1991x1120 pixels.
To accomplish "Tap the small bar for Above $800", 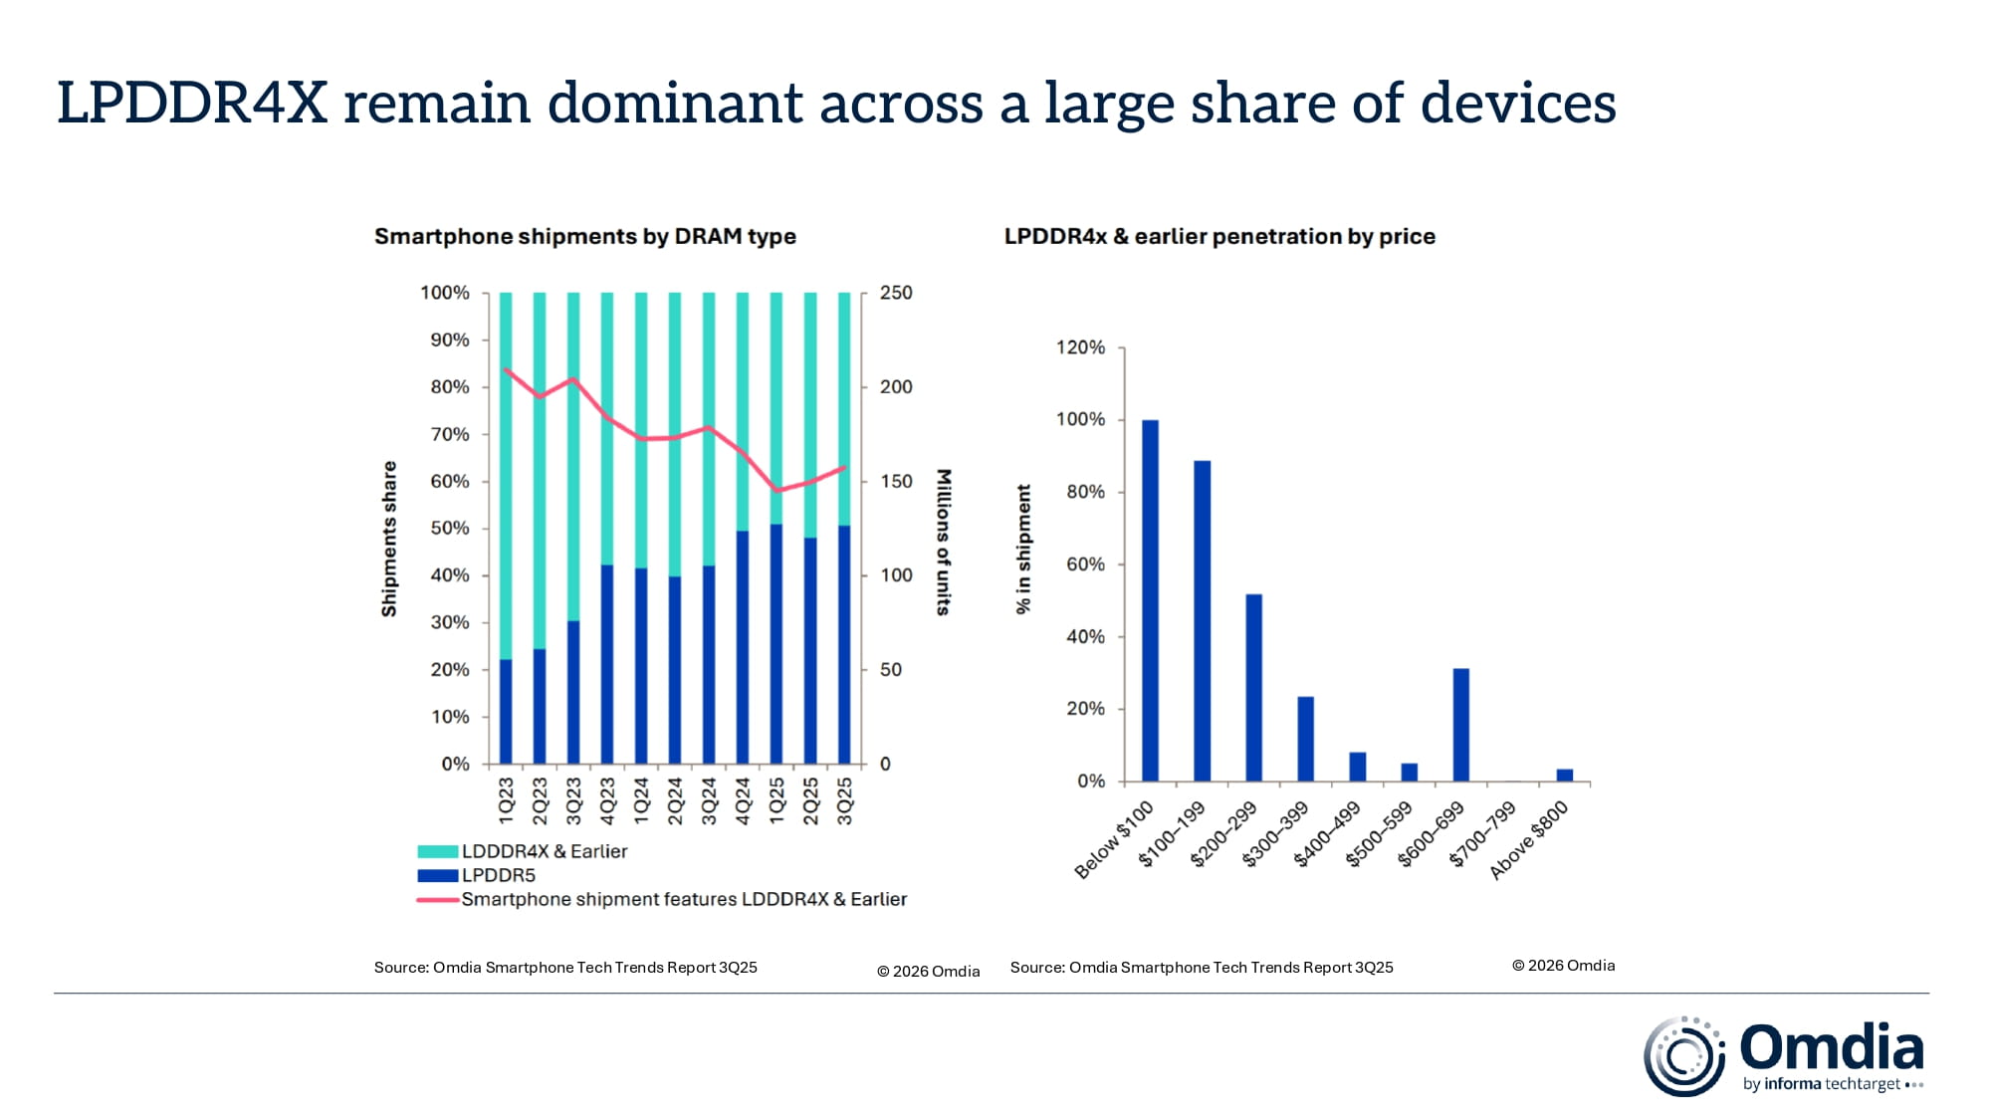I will pos(1564,775).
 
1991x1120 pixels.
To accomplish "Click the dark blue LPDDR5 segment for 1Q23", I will pos(506,711).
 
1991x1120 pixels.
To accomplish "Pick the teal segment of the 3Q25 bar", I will pos(844,408).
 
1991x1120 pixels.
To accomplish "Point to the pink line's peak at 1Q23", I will pos(507,369).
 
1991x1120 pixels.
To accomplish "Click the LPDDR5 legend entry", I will pos(497,875).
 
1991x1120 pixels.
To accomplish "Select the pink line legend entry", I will pos(683,899).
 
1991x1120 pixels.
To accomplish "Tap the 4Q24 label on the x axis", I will pos(743,800).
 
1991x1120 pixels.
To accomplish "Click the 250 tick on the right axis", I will pos(895,293).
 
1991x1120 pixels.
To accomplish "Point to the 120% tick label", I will pos(1080,347).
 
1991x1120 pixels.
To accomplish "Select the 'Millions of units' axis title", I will pos(944,542).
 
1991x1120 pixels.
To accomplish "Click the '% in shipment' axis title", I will pos(1023,549).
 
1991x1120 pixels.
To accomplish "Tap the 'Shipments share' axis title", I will pos(389,539).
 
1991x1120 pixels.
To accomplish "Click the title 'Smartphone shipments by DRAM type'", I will pos(584,236).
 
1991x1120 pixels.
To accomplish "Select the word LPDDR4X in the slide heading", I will pos(192,103).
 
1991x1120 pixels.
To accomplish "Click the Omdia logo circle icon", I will pos(1683,1056).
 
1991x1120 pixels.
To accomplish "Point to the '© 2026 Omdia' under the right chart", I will pos(1563,965).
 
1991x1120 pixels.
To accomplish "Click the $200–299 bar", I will pos(1253,687).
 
